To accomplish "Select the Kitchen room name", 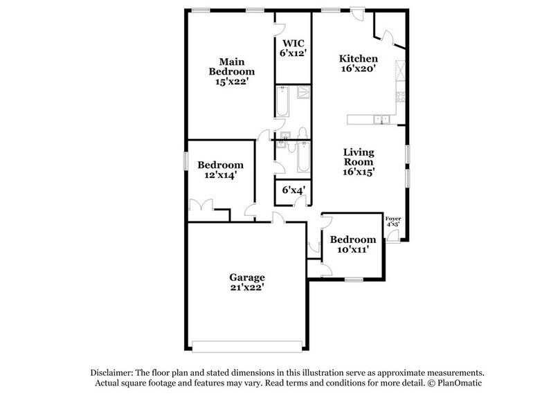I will click(x=358, y=59).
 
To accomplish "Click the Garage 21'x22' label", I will click(x=248, y=282).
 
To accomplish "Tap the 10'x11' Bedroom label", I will click(x=352, y=244).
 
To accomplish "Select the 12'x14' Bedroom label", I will click(x=220, y=170).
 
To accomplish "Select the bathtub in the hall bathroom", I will click(x=302, y=159).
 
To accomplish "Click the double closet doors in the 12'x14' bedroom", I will click(x=204, y=206).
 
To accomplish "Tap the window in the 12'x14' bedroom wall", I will click(x=186, y=160).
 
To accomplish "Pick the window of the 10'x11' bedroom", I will click(x=354, y=280).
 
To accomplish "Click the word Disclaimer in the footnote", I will click(x=107, y=372).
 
